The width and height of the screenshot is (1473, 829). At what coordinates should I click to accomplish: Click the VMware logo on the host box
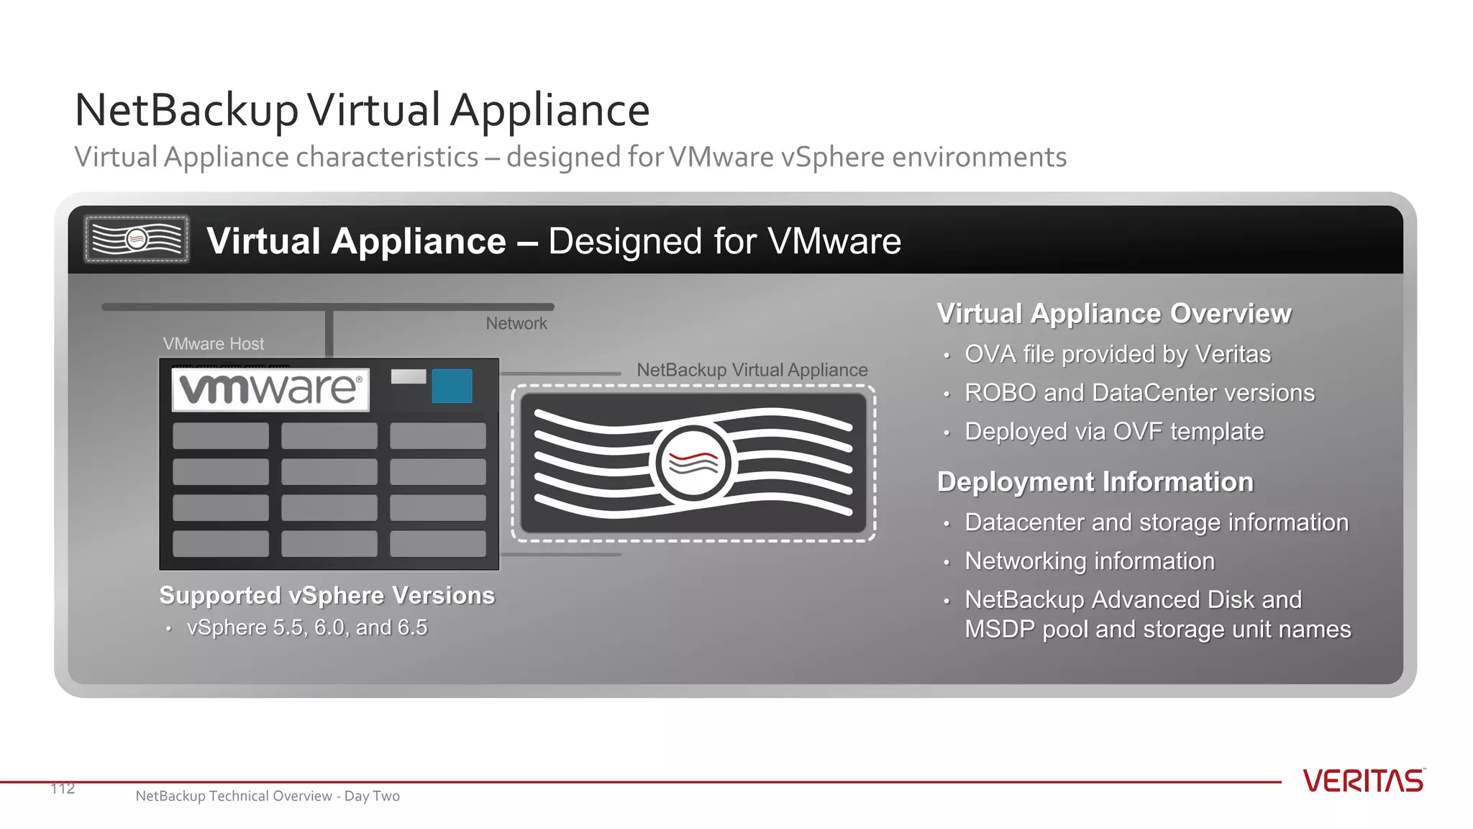[x=270, y=389]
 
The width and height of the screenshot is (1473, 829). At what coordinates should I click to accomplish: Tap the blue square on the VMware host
[x=452, y=386]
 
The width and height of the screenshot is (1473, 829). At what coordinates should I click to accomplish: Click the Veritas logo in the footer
[x=1363, y=782]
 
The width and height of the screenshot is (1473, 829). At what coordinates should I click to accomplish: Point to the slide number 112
[x=63, y=789]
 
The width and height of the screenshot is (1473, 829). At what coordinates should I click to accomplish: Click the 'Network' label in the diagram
[x=516, y=324]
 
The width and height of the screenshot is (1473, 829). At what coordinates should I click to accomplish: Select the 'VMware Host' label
[x=214, y=344]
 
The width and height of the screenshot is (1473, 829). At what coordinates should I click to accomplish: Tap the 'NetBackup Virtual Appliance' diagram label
[x=752, y=370]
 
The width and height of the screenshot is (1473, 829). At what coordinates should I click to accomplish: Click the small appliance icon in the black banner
[x=137, y=239]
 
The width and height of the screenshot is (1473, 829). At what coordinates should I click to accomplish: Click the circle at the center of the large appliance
[x=693, y=463]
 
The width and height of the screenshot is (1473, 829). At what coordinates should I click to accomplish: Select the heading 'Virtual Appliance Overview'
[x=1113, y=314]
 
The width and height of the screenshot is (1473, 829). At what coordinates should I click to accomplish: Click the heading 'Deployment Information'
[x=1095, y=482]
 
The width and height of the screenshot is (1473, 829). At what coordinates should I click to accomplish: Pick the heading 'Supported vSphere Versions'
[x=327, y=596]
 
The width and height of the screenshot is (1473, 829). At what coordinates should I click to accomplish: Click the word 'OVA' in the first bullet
[x=990, y=354]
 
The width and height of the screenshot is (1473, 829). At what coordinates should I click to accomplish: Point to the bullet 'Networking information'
[x=1089, y=561]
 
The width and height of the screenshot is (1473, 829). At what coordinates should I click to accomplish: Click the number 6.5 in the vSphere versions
[x=412, y=628]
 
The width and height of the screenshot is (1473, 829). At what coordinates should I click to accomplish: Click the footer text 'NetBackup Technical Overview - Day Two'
[x=268, y=796]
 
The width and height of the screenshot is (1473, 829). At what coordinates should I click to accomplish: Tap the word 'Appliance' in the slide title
[x=550, y=111]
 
